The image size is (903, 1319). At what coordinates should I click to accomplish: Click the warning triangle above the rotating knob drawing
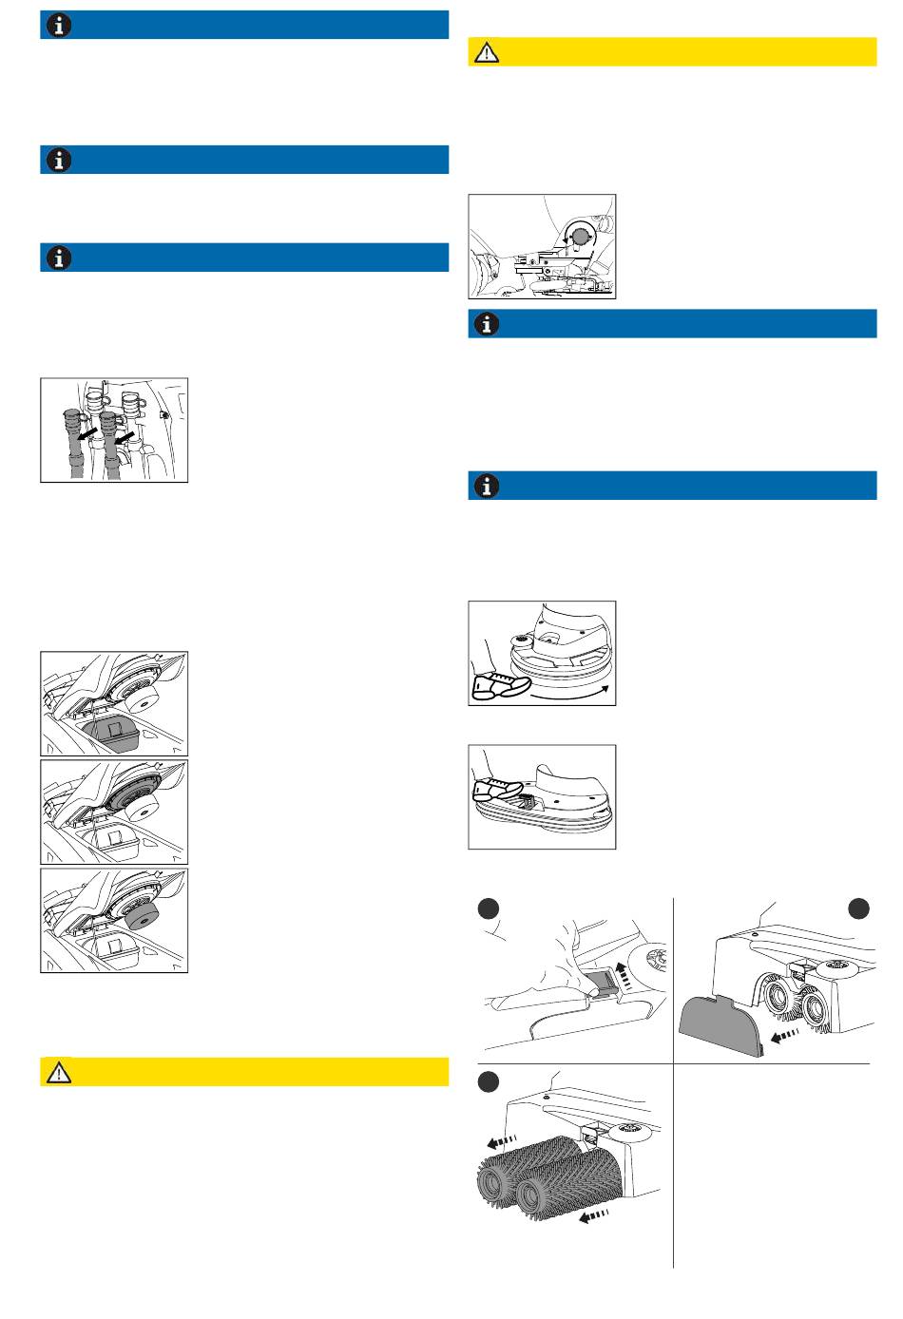pos(488,52)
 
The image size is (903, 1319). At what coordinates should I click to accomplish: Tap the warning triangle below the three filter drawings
pos(59,1072)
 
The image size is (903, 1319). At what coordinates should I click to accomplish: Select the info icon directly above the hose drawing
pos(59,258)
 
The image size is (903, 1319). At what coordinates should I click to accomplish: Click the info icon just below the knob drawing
pos(488,324)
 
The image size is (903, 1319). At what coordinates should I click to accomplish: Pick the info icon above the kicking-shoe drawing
pos(488,486)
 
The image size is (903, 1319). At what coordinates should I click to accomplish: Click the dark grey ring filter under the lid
pos(133,791)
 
